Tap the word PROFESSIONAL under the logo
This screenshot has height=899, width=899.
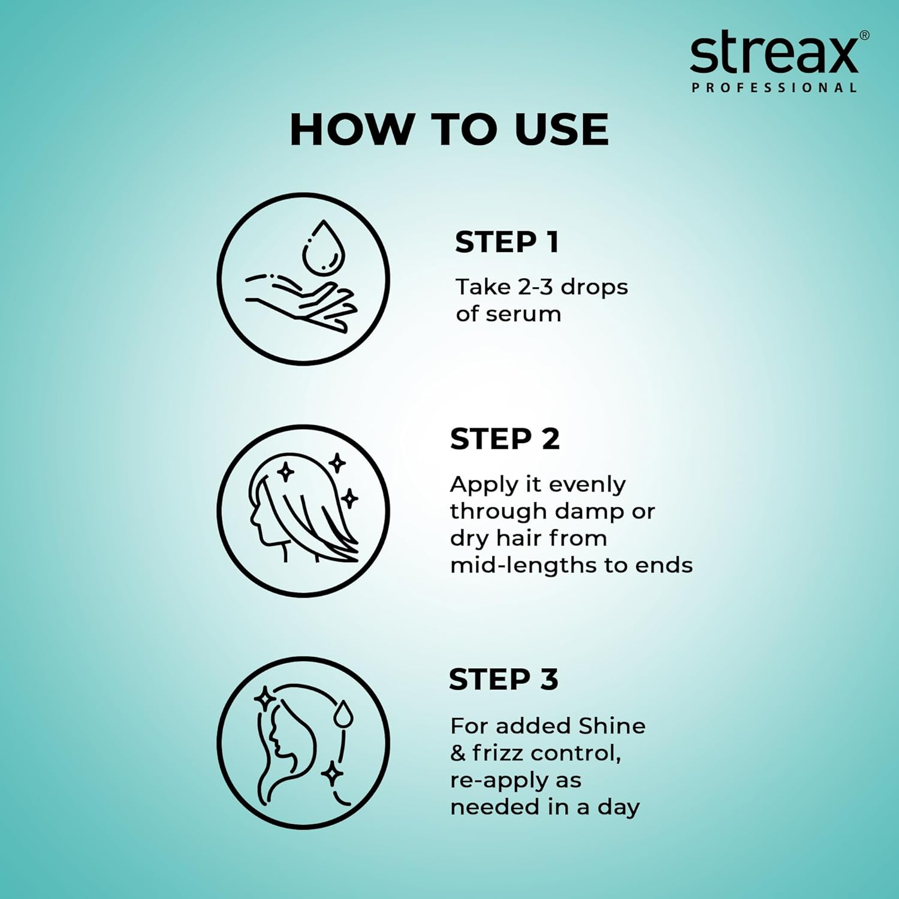(774, 88)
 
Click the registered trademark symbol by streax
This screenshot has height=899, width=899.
(864, 35)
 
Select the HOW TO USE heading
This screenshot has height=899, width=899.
(449, 129)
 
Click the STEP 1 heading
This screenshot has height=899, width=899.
(507, 242)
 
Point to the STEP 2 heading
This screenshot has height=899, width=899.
(505, 439)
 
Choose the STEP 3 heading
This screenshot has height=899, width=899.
(503, 679)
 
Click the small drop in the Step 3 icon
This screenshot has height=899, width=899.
(343, 714)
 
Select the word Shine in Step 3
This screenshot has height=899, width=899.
(612, 726)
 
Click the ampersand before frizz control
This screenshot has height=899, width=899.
(457, 753)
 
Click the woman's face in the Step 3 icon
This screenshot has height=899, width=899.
(277, 740)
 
